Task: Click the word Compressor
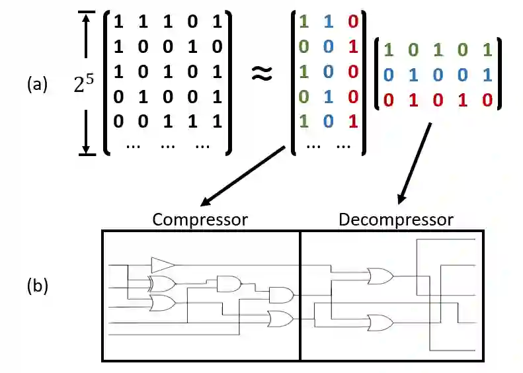tap(200, 219)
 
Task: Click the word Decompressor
tap(396, 219)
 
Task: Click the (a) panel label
tap(37, 84)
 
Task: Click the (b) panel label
tap(37, 286)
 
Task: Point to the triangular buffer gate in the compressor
tap(162, 265)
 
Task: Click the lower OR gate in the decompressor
tap(379, 323)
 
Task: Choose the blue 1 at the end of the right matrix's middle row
tap(487, 75)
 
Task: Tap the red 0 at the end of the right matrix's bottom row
tap(487, 101)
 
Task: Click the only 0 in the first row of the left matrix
tap(192, 21)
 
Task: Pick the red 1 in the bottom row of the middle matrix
tap(352, 122)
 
